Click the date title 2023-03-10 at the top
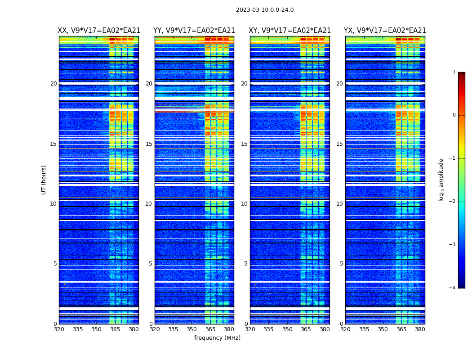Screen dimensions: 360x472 (265, 10)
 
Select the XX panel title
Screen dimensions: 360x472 (99, 31)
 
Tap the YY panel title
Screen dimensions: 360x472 (194, 31)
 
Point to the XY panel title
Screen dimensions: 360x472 (290, 31)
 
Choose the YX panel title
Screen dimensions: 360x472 (385, 31)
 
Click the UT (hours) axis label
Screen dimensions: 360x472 (44, 180)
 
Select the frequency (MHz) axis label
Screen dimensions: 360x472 (217, 338)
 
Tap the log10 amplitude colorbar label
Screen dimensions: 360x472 (441, 180)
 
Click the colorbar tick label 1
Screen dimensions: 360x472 (454, 72)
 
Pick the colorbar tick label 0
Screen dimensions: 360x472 (454, 115)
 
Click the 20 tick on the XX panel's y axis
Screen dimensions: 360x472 (53, 84)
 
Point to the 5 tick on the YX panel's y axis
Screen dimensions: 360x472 (341, 264)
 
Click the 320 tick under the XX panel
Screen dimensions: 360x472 (59, 329)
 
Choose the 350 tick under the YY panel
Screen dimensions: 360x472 (192, 329)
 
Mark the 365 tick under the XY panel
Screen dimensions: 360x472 (306, 329)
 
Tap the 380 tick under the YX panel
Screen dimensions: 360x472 (420, 329)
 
